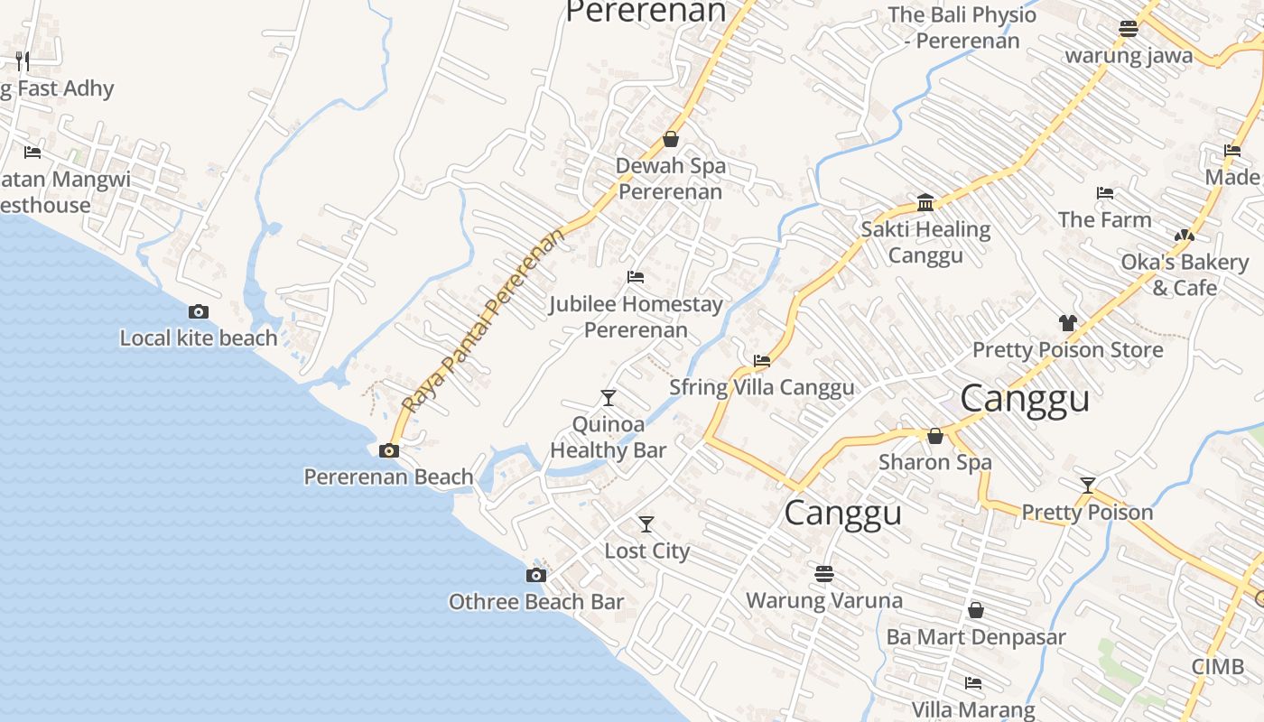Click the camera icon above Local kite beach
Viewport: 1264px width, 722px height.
[x=199, y=312]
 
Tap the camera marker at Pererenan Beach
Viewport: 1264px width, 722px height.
[x=389, y=450]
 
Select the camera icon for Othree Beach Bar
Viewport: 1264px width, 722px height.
[x=536, y=576]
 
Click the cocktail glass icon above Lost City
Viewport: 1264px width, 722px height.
[x=646, y=524]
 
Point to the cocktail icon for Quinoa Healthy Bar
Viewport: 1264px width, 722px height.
[x=609, y=398]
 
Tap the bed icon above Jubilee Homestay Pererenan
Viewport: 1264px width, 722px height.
[x=636, y=277]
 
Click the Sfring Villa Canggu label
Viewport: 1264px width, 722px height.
[x=761, y=387]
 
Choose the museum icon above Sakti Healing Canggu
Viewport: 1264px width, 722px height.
[x=925, y=202]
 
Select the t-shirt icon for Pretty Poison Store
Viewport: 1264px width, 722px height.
[x=1067, y=323]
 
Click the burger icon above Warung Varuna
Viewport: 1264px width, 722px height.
[x=823, y=574]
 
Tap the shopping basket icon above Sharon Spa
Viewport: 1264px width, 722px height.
[x=935, y=436]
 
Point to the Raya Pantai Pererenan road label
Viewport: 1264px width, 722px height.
[x=484, y=320]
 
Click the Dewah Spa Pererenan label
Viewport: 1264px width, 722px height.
[x=671, y=179]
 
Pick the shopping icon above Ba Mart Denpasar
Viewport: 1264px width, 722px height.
[x=976, y=611]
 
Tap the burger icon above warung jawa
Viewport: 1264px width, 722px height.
[x=1128, y=29]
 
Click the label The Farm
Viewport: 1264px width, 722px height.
[x=1104, y=219]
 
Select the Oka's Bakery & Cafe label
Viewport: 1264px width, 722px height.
[x=1185, y=274]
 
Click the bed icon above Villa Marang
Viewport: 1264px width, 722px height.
[x=972, y=683]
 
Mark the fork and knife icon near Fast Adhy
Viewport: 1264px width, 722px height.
[x=23, y=61]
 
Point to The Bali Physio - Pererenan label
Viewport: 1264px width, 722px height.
[x=962, y=27]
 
